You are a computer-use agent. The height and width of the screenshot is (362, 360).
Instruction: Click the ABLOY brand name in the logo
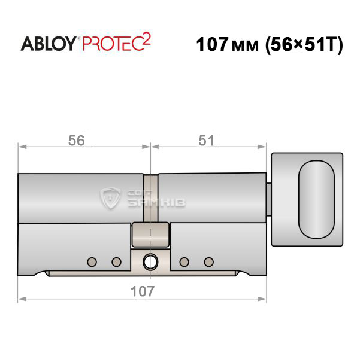point(49,44)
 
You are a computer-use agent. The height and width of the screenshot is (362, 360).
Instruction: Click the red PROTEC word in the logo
point(113,44)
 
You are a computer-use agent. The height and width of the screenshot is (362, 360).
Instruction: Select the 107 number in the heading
point(213,44)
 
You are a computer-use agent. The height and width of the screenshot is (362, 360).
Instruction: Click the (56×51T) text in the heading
point(304,45)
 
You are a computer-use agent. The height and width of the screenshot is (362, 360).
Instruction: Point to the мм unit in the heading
point(245,46)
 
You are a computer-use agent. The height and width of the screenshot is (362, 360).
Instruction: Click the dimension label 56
point(77,141)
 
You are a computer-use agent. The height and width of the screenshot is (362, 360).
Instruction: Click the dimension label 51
point(206,141)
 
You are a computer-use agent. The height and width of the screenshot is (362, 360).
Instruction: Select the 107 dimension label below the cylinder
point(143,291)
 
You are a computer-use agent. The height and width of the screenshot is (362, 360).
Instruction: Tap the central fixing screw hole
point(150,262)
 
